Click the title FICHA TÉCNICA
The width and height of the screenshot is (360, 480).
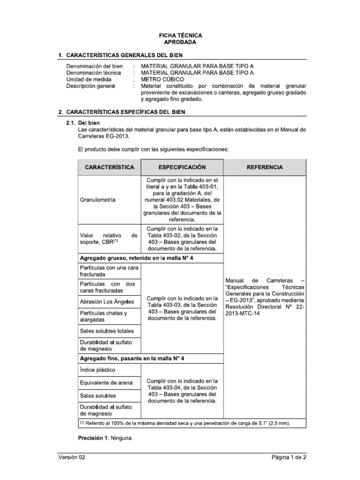click(180, 36)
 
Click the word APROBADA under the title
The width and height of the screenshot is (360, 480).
click(180, 42)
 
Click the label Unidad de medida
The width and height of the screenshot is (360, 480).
click(89, 79)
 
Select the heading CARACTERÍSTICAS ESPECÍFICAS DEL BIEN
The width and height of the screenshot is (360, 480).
click(125, 112)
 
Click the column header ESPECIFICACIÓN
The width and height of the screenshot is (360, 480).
click(182, 167)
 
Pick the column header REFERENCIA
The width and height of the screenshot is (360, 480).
click(264, 167)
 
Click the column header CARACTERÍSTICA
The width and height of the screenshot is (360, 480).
click(109, 167)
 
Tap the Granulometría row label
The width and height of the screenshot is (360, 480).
click(99, 200)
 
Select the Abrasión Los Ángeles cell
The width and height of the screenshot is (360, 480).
click(107, 301)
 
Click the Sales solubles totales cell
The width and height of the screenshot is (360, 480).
click(106, 331)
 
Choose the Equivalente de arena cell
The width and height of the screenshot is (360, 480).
click(106, 383)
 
